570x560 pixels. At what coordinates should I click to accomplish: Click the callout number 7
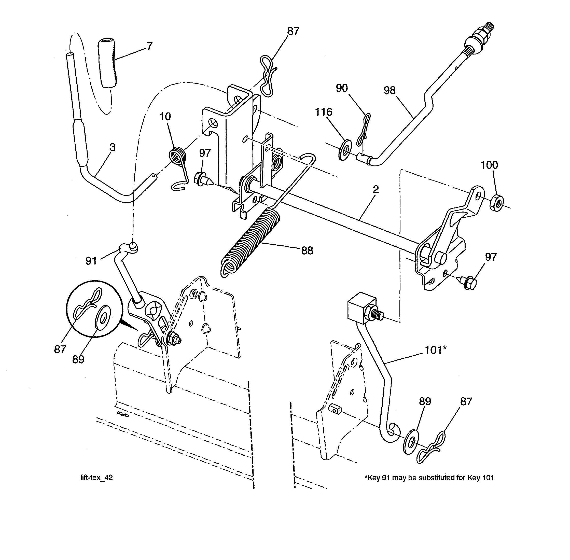(x=149, y=46)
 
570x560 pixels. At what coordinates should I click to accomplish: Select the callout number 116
(x=324, y=112)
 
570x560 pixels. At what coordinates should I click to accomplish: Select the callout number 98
(x=390, y=90)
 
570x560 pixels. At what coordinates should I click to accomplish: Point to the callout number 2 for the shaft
(x=376, y=189)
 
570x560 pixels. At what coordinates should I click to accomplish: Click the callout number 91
(x=91, y=261)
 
